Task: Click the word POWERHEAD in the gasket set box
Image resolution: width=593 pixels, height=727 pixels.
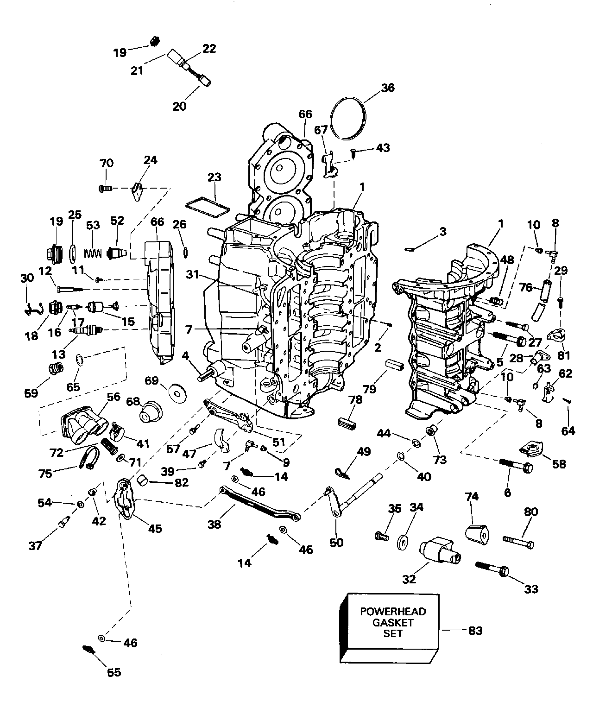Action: point(393,612)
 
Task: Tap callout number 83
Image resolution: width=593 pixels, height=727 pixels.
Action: point(475,631)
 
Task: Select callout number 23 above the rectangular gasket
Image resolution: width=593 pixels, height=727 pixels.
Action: point(214,177)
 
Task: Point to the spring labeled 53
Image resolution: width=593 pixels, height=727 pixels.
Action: point(93,253)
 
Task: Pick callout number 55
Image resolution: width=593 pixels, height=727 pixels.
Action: point(114,672)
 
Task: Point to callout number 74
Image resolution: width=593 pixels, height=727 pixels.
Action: point(472,497)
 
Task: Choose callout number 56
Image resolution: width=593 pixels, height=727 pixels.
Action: point(114,397)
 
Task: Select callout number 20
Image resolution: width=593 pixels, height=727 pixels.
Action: point(179,106)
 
